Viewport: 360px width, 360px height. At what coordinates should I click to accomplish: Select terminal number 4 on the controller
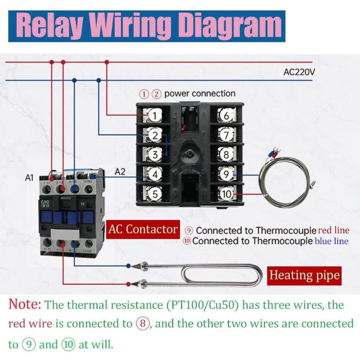pyautogui.click(x=154, y=174)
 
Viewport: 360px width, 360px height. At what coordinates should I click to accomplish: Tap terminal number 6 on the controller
pyautogui.click(x=226, y=116)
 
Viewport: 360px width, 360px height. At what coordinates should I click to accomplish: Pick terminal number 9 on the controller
pyautogui.click(x=226, y=174)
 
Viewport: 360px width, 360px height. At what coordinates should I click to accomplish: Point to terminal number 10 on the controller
pyautogui.click(x=226, y=194)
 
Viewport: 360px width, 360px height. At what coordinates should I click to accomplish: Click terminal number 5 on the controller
pyautogui.click(x=154, y=194)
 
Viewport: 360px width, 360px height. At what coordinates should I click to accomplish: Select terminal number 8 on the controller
pyautogui.click(x=226, y=154)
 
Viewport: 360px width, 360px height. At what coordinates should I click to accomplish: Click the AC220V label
pyautogui.click(x=299, y=72)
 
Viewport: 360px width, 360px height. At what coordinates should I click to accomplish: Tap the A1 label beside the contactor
pyautogui.click(x=29, y=178)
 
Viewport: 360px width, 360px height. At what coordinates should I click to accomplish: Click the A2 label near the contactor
pyautogui.click(x=120, y=171)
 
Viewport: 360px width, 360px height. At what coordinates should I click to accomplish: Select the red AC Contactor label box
pyautogui.click(x=143, y=229)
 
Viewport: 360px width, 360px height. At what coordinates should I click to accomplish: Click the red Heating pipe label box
pyautogui.click(x=304, y=274)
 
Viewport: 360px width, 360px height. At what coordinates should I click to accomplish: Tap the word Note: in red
pyautogui.click(x=25, y=304)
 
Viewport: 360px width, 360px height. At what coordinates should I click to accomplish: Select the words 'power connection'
pyautogui.click(x=199, y=94)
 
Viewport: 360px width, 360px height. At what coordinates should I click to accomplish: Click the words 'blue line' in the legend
pyautogui.click(x=332, y=241)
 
